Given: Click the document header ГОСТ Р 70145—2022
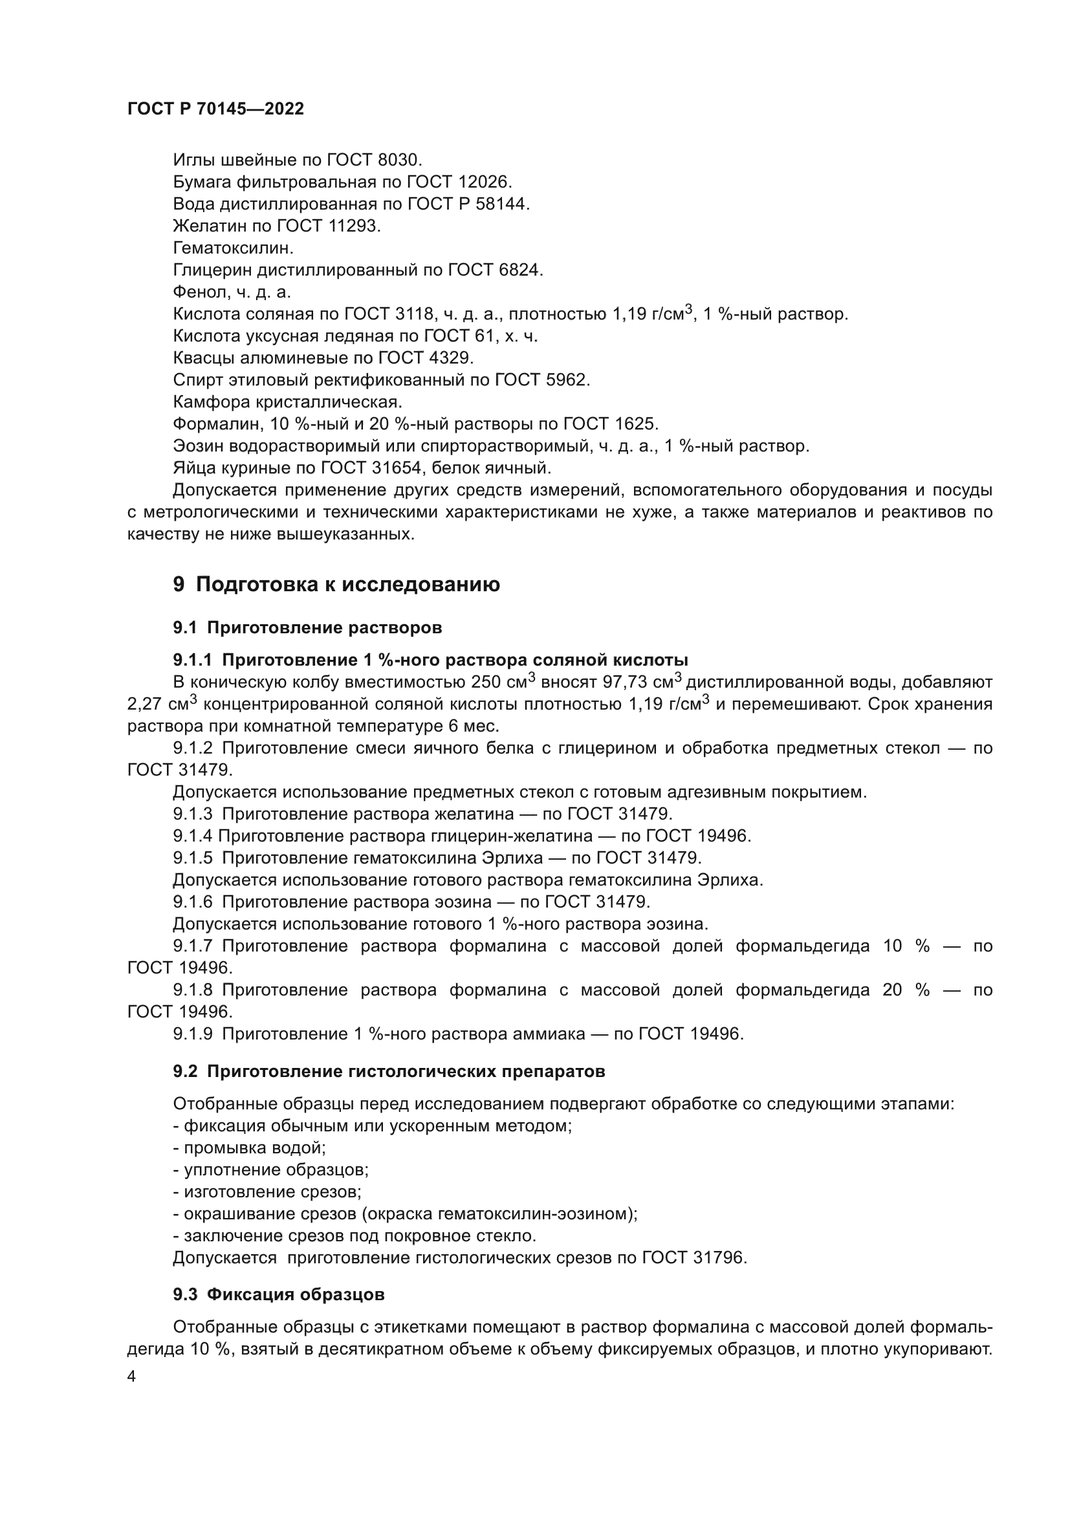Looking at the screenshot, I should [x=215, y=109].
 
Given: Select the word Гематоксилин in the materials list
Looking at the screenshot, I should [x=233, y=248].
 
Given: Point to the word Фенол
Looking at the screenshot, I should [x=198, y=292].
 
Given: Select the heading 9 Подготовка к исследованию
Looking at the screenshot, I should [x=336, y=585].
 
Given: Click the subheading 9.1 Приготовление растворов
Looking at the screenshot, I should [x=307, y=627].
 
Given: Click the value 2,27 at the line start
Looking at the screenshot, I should [x=144, y=704].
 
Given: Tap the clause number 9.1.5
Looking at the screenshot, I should [x=192, y=858].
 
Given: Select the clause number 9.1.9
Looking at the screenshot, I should [x=192, y=1034].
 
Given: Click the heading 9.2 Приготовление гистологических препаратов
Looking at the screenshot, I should [x=389, y=1071].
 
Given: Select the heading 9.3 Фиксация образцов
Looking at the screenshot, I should [x=279, y=1295].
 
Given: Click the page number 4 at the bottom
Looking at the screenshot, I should [x=131, y=1377].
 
